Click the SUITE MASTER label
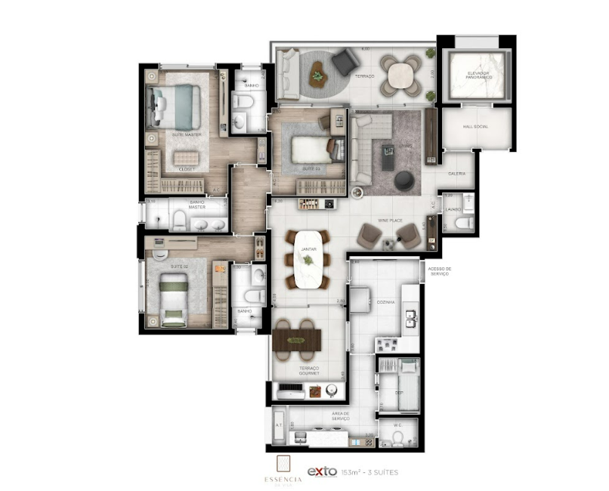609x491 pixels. click(185, 134)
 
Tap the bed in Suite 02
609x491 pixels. click(175, 299)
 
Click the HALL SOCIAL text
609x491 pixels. click(475, 126)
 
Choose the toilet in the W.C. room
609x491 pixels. click(398, 435)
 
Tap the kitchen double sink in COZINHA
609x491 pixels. click(410, 317)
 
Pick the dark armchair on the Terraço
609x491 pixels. click(346, 61)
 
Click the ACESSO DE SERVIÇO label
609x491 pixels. click(439, 270)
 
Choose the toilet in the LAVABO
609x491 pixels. click(464, 222)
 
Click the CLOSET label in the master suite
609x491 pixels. click(187, 169)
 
